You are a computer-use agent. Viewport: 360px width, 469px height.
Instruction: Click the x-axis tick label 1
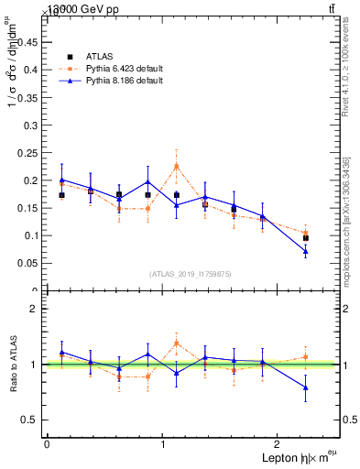[x=162, y=444]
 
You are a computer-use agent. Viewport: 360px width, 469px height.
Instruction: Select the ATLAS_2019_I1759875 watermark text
[x=191, y=274]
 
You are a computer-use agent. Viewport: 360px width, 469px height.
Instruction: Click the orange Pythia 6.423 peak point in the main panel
[x=176, y=166]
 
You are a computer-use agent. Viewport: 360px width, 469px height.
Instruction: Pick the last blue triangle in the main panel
[x=305, y=251]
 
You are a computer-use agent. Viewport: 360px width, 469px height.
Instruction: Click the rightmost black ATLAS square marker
[x=305, y=238]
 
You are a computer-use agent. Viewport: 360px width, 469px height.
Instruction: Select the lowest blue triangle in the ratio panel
[x=305, y=387]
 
